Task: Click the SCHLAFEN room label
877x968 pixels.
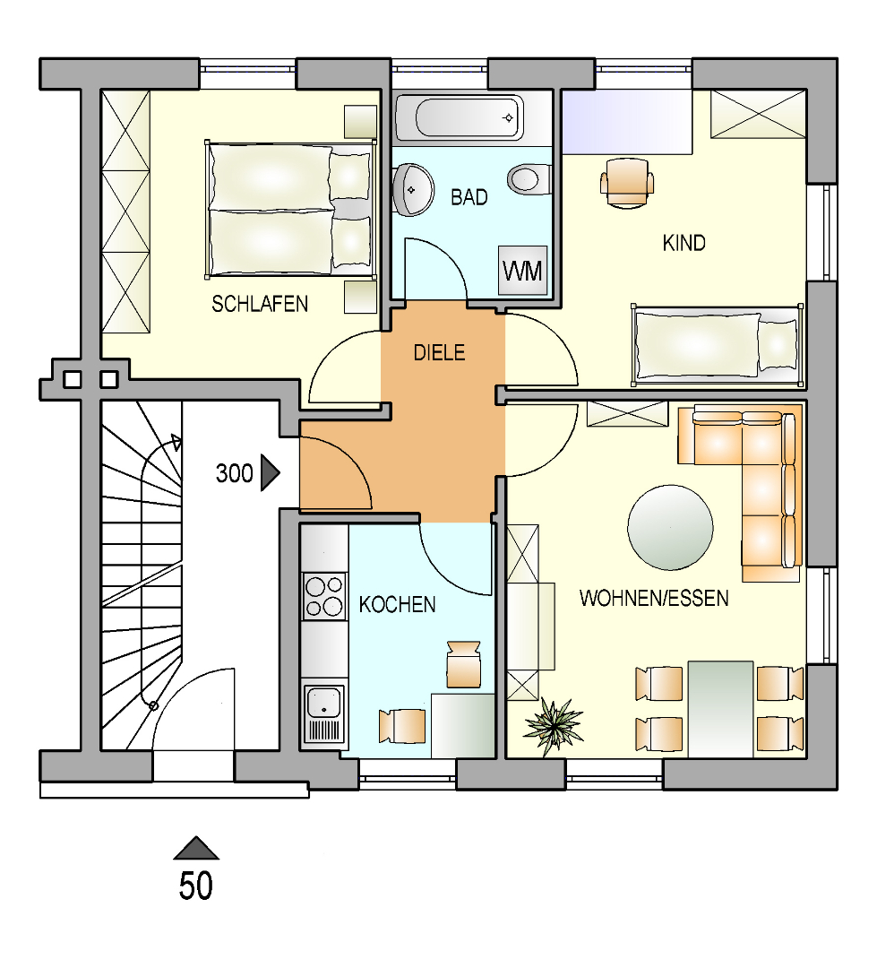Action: (x=259, y=304)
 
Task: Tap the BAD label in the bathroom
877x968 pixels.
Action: (x=469, y=197)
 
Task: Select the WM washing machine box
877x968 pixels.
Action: (x=522, y=269)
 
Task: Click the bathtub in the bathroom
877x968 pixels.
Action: (x=458, y=117)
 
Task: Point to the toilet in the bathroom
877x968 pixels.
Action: (x=527, y=178)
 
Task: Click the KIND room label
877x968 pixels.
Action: (x=684, y=243)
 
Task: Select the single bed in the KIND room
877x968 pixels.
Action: (x=715, y=345)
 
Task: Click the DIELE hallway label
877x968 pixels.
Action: (x=439, y=353)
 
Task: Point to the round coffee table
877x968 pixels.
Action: (x=670, y=527)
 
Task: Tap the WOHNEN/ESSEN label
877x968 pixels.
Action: (x=653, y=598)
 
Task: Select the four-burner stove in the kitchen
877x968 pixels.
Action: (x=324, y=595)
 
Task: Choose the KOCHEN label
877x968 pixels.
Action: (x=397, y=605)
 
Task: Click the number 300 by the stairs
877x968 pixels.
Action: (x=234, y=473)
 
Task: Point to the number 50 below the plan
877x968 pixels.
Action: (x=195, y=886)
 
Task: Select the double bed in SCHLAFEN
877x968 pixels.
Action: (x=289, y=209)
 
